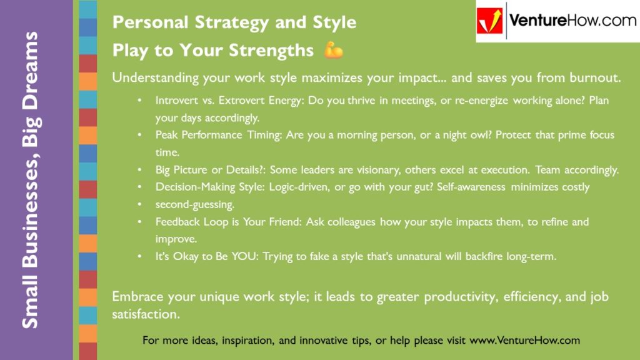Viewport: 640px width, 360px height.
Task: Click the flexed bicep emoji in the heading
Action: (333, 51)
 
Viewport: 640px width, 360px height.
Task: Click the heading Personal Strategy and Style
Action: (234, 22)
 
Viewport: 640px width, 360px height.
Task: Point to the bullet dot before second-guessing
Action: (141, 204)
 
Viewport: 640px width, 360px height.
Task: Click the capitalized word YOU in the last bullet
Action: (242, 256)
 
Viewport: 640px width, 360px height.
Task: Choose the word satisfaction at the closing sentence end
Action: (146, 315)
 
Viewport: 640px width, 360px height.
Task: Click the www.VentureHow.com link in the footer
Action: (524, 341)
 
